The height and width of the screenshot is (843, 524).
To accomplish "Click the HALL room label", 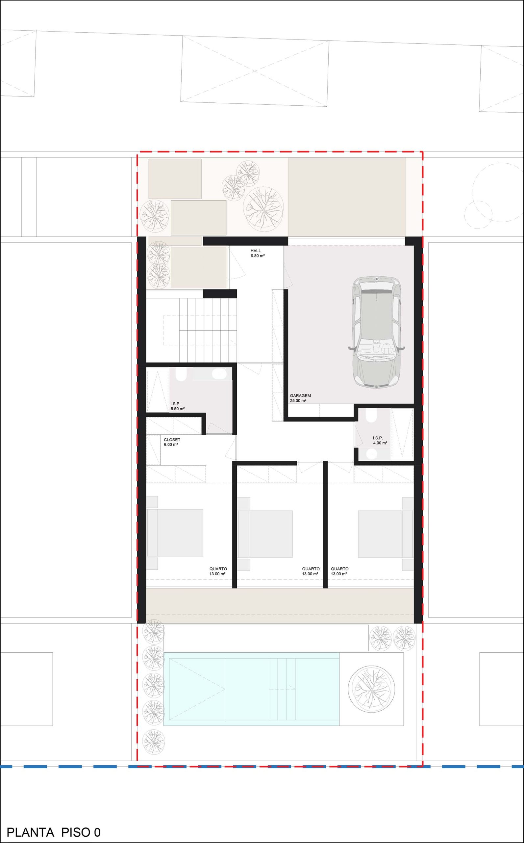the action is click(x=256, y=251).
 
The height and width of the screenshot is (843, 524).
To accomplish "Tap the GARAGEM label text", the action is click(x=300, y=395).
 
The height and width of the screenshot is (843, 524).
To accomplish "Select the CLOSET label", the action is click(x=172, y=440).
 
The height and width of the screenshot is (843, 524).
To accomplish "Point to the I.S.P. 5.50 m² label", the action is click(x=177, y=406).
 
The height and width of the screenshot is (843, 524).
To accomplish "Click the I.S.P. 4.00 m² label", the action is click(x=380, y=440).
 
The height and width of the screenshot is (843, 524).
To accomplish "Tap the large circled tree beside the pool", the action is click(x=371, y=689).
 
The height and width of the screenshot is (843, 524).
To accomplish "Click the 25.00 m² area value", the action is click(x=298, y=401).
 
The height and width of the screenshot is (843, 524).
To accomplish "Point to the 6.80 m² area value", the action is click(x=258, y=256).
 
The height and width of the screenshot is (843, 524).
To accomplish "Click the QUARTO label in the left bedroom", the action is click(x=218, y=569).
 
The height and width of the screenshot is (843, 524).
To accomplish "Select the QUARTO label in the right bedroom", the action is click(x=339, y=569).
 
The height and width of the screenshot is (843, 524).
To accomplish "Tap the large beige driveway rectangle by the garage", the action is click(x=347, y=197).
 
